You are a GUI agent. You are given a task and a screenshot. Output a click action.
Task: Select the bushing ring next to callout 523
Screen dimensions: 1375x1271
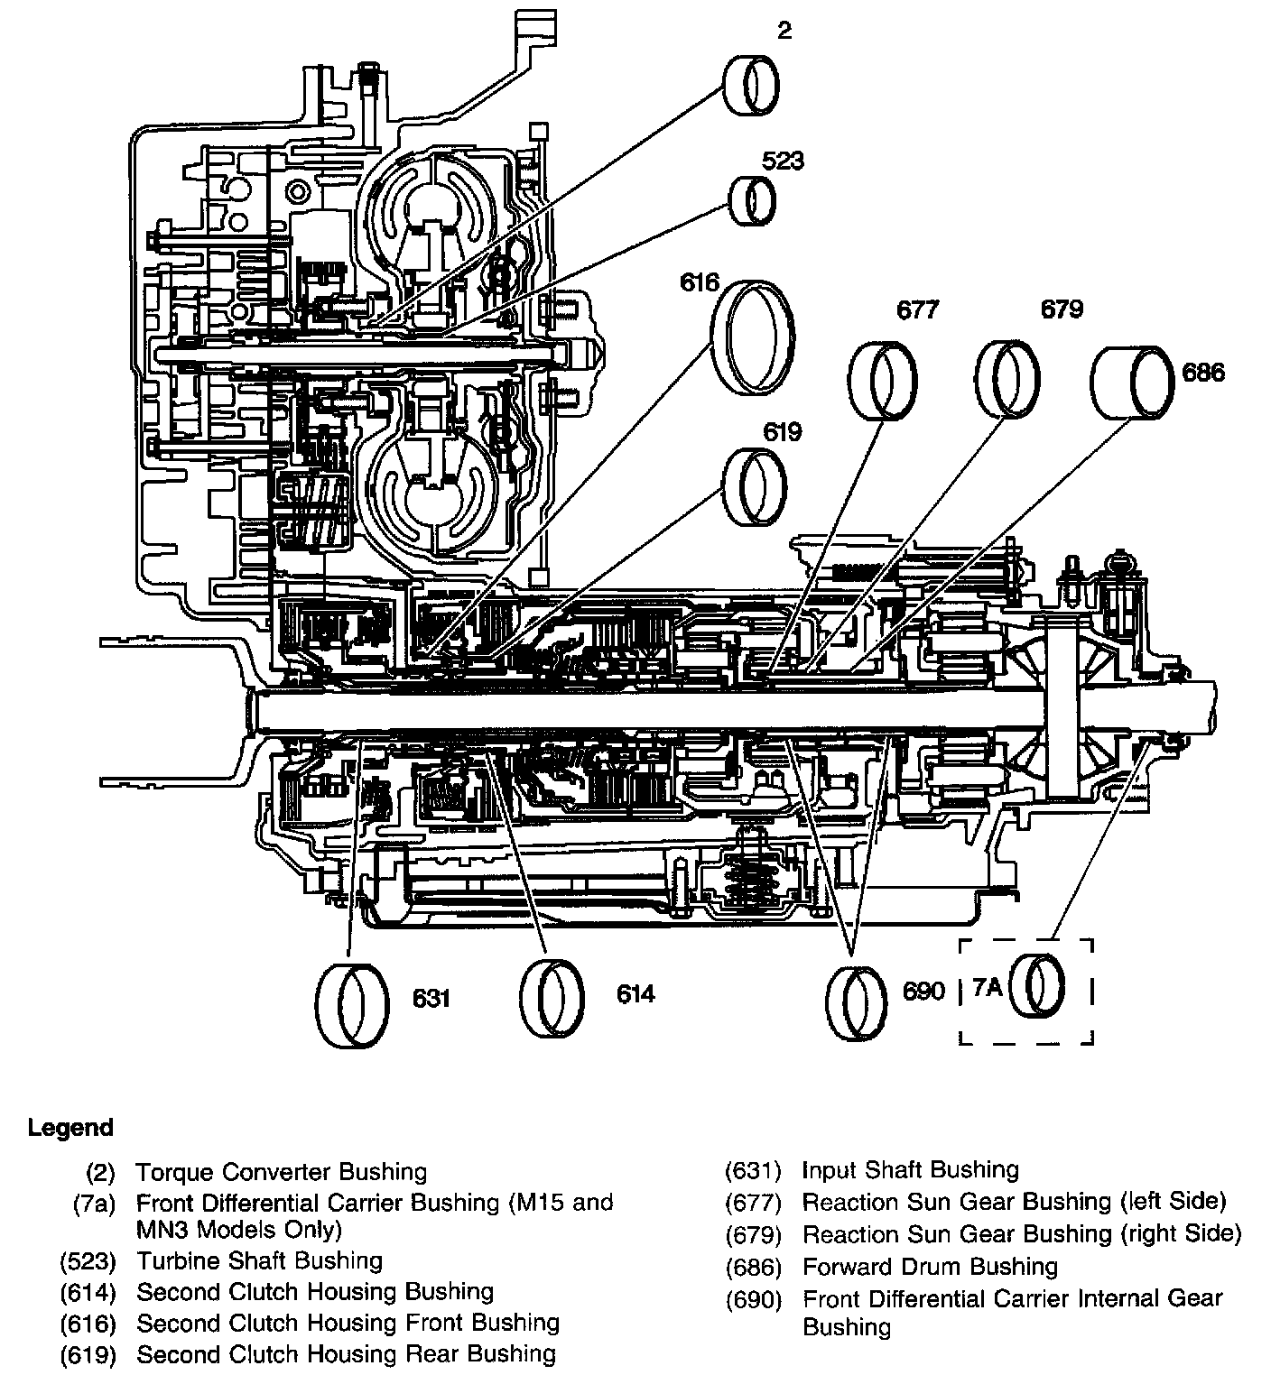click(753, 200)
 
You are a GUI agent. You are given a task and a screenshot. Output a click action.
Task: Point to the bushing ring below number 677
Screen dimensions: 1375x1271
click(882, 380)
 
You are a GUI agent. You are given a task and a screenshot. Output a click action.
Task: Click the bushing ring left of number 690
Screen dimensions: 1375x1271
click(857, 1002)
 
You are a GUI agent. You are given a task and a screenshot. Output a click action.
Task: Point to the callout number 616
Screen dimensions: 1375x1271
click(700, 282)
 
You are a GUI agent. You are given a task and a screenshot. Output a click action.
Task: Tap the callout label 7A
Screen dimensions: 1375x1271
click(987, 988)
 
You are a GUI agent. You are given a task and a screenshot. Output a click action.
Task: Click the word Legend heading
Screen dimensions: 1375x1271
click(70, 1128)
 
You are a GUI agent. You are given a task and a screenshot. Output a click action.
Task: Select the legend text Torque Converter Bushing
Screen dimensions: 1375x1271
click(281, 1172)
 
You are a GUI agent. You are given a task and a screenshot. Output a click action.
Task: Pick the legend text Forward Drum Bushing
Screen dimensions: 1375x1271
click(930, 1267)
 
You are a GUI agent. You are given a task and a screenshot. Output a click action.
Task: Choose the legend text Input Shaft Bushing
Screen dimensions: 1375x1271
click(910, 1170)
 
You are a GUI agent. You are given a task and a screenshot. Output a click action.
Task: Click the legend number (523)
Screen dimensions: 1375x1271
click(88, 1260)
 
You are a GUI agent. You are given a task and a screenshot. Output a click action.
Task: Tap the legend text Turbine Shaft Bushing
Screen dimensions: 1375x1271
click(260, 1260)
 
